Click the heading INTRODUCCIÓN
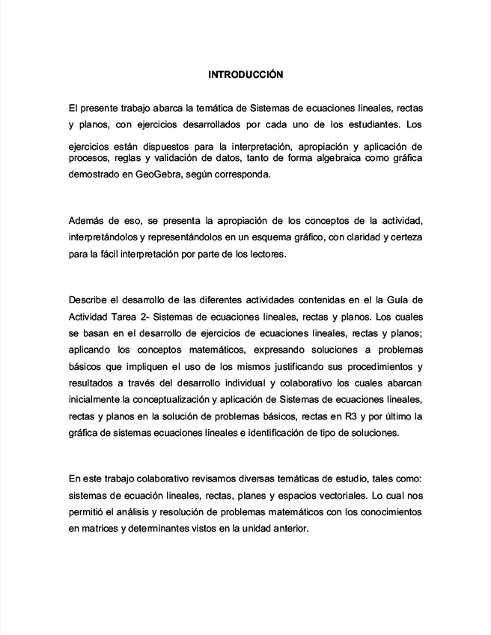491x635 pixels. click(246, 75)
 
